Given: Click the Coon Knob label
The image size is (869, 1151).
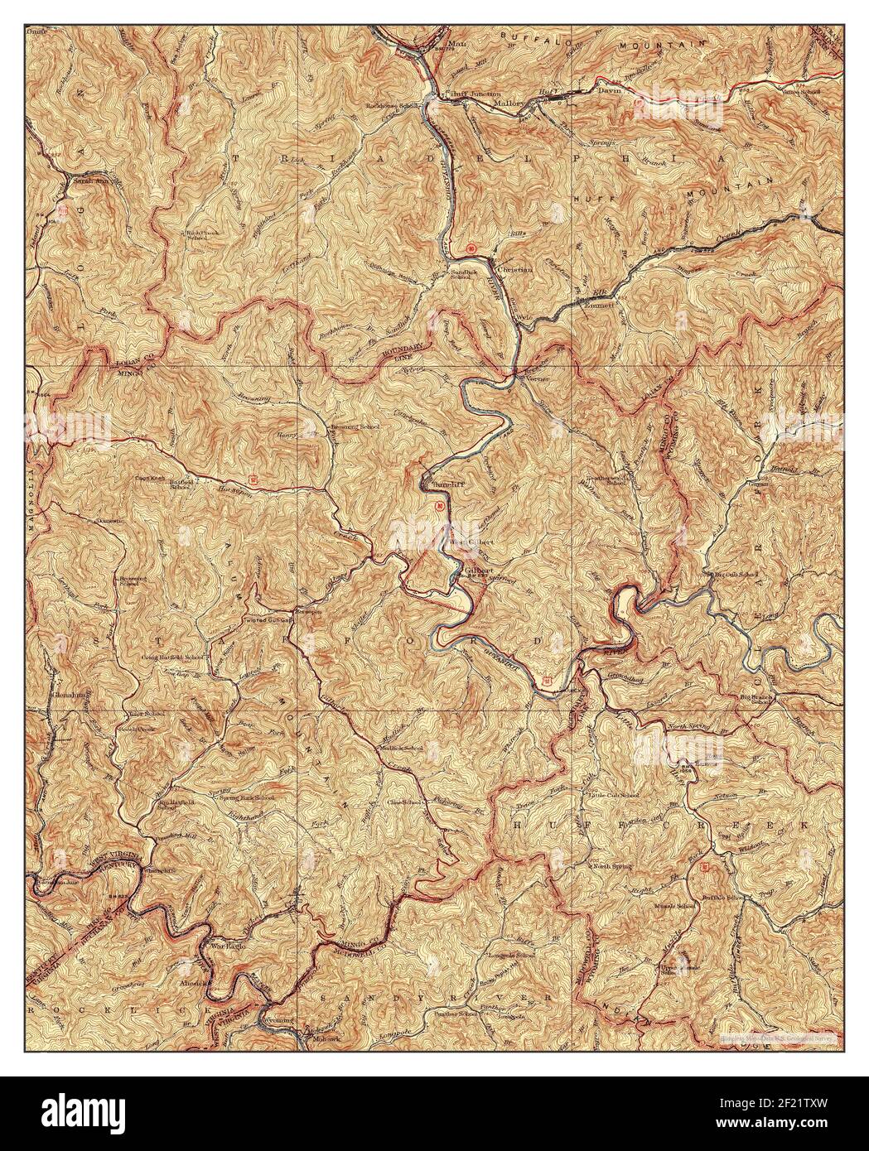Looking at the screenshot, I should tap(152, 478).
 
